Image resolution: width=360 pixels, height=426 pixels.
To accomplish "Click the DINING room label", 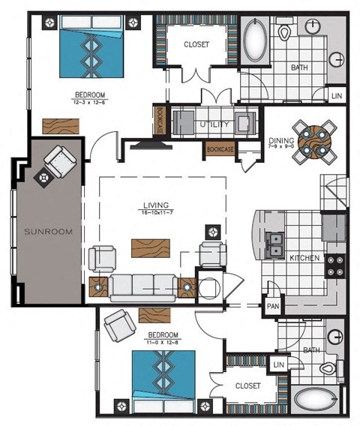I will [280, 140].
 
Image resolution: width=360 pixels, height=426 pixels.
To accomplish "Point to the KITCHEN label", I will [304, 258].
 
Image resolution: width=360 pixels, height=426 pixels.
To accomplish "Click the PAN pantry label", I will [272, 307].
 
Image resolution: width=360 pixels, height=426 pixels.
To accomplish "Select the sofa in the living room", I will [143, 286].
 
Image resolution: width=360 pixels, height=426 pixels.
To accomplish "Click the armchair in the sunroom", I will [58, 161].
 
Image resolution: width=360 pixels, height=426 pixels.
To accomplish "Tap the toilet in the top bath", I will [286, 32].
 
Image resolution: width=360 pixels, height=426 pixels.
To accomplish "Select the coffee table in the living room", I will [151, 247].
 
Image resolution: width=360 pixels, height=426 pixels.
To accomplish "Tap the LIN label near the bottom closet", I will [280, 364].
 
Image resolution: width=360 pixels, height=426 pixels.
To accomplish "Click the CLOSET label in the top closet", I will [196, 44].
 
